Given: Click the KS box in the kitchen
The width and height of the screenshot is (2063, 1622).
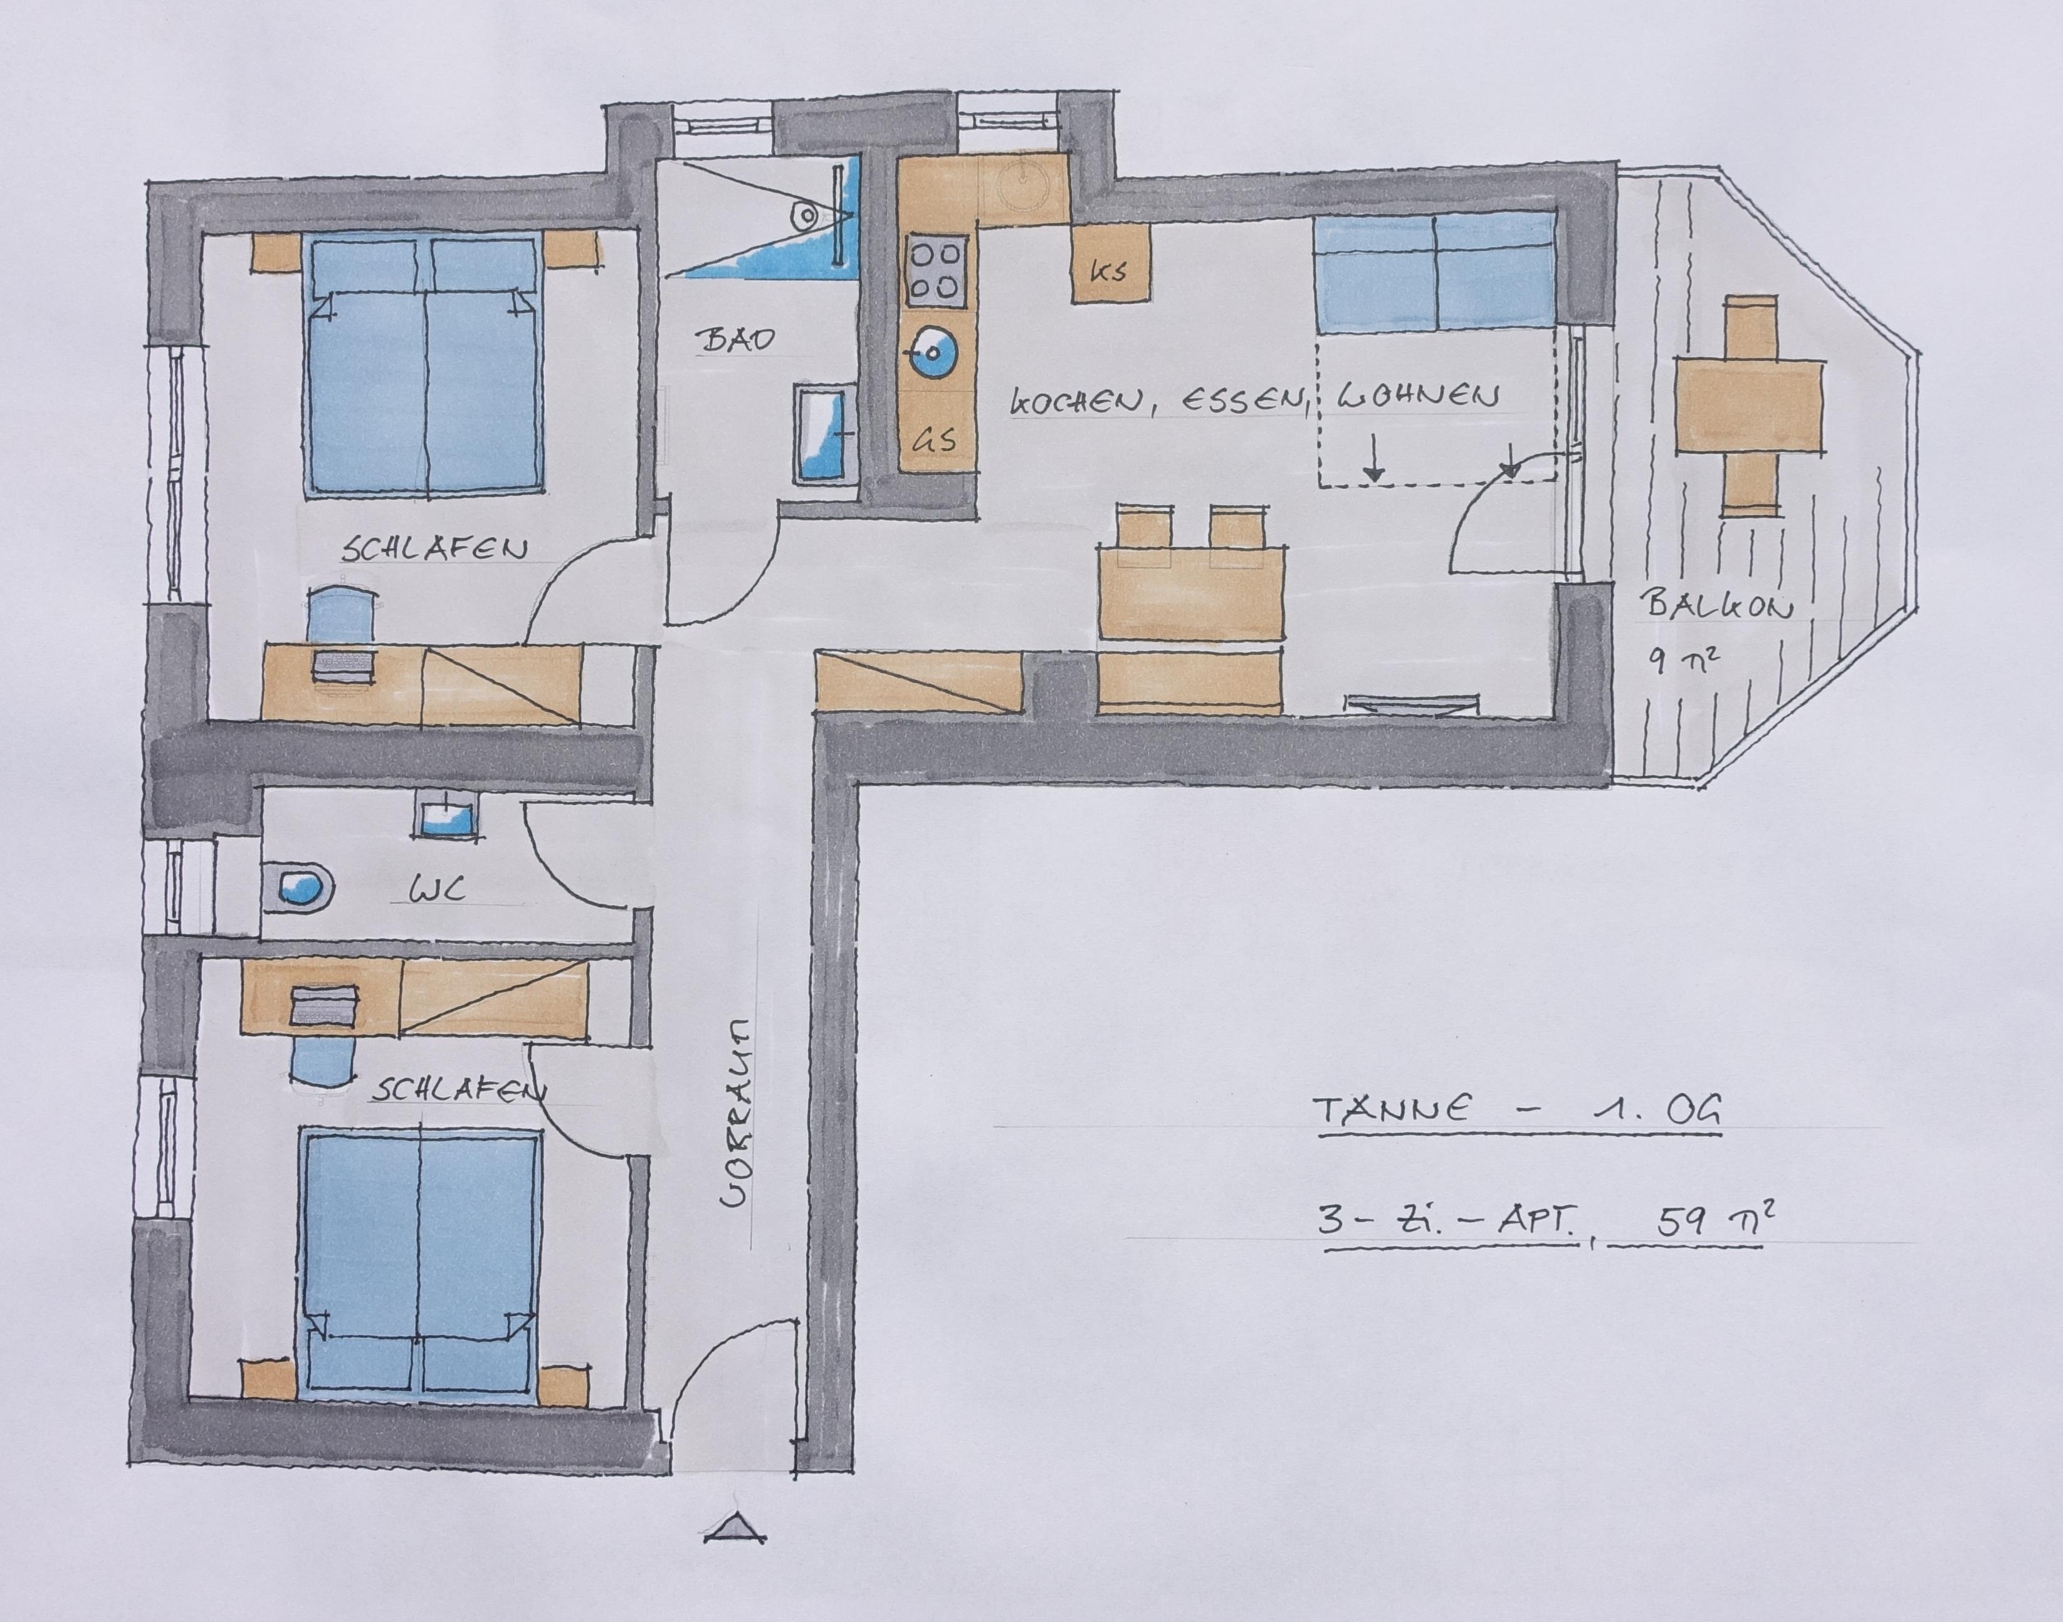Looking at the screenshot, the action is pos(1110,263).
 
